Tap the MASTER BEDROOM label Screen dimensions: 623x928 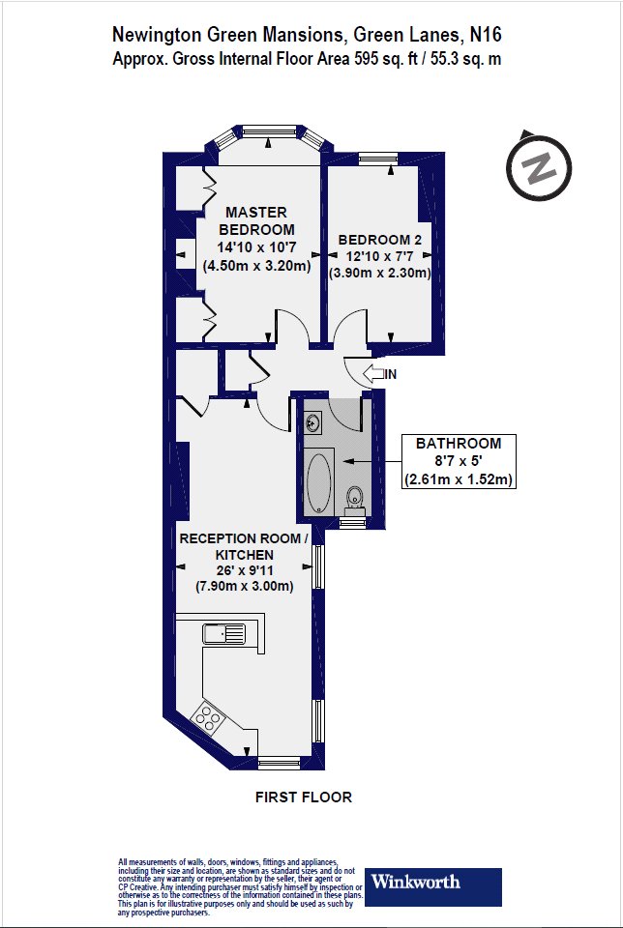[x=256, y=220]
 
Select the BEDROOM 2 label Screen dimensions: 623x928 [x=379, y=240]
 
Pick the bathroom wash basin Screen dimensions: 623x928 [x=312, y=422]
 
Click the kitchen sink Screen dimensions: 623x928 [x=224, y=633]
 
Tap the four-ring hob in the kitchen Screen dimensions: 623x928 [x=207, y=718]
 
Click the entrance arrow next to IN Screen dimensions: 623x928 [x=373, y=374]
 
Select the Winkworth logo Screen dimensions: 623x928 [x=432, y=886]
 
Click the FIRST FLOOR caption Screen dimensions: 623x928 [x=304, y=797]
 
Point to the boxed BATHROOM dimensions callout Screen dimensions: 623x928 [x=459, y=461]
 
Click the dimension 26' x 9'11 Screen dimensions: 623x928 [x=245, y=570]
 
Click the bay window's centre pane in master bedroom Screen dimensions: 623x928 [x=270, y=131]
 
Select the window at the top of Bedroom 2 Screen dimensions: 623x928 [x=378, y=158]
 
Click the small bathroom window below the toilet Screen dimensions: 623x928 [x=354, y=523]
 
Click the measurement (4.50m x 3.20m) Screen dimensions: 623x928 [x=257, y=266]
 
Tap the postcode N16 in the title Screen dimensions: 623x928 [x=486, y=35]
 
